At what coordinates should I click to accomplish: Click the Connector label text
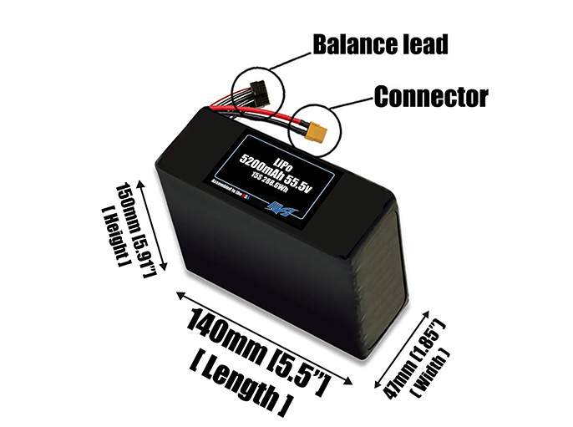point(430,97)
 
